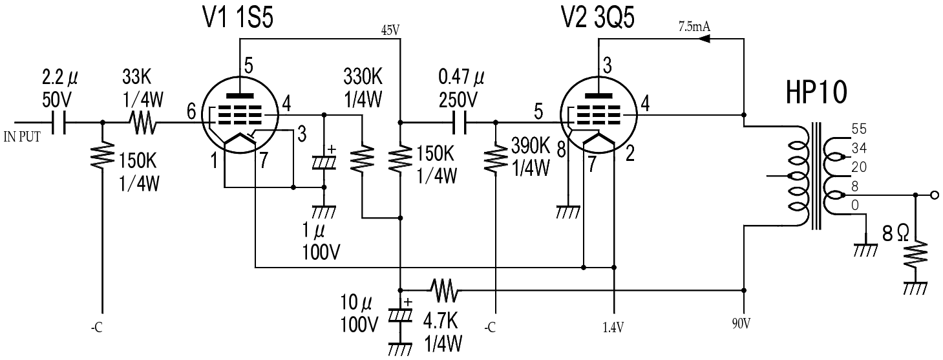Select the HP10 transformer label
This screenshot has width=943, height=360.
coord(816,92)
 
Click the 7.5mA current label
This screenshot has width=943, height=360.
coord(694,26)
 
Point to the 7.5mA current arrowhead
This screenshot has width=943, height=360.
coord(705,39)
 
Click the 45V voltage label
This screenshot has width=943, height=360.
coord(390,30)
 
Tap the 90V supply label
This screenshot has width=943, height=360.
coord(741,323)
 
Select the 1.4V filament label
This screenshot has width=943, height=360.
coord(613,328)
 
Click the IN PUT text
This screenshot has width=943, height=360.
coord(22,137)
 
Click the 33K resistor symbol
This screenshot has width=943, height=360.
coord(144,123)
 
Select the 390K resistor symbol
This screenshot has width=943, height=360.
coord(496,158)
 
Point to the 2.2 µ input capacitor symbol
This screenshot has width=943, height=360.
coord(59,123)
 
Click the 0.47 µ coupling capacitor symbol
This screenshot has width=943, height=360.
coord(460,123)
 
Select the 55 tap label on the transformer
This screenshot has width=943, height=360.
coord(859,129)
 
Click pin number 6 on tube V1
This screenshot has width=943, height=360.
coord(191,112)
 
